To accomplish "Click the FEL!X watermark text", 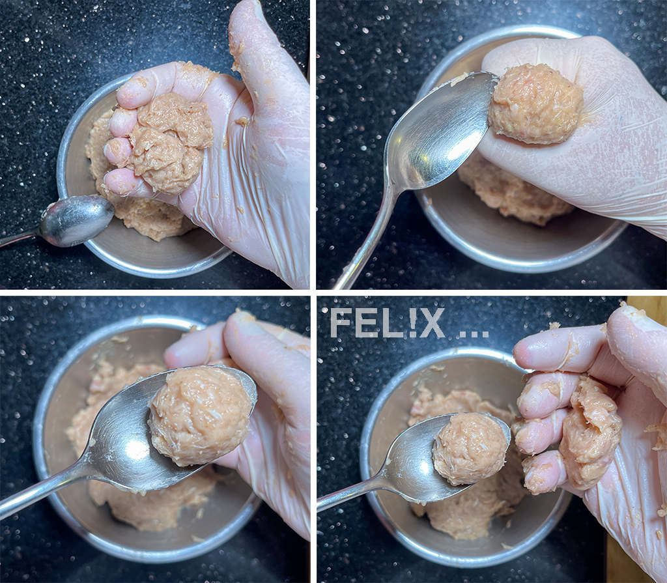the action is (x=387, y=323).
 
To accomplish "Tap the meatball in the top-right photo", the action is (x=535, y=104).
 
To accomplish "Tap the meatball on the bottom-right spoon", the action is (x=471, y=449).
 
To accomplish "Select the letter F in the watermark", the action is (x=339, y=323).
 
